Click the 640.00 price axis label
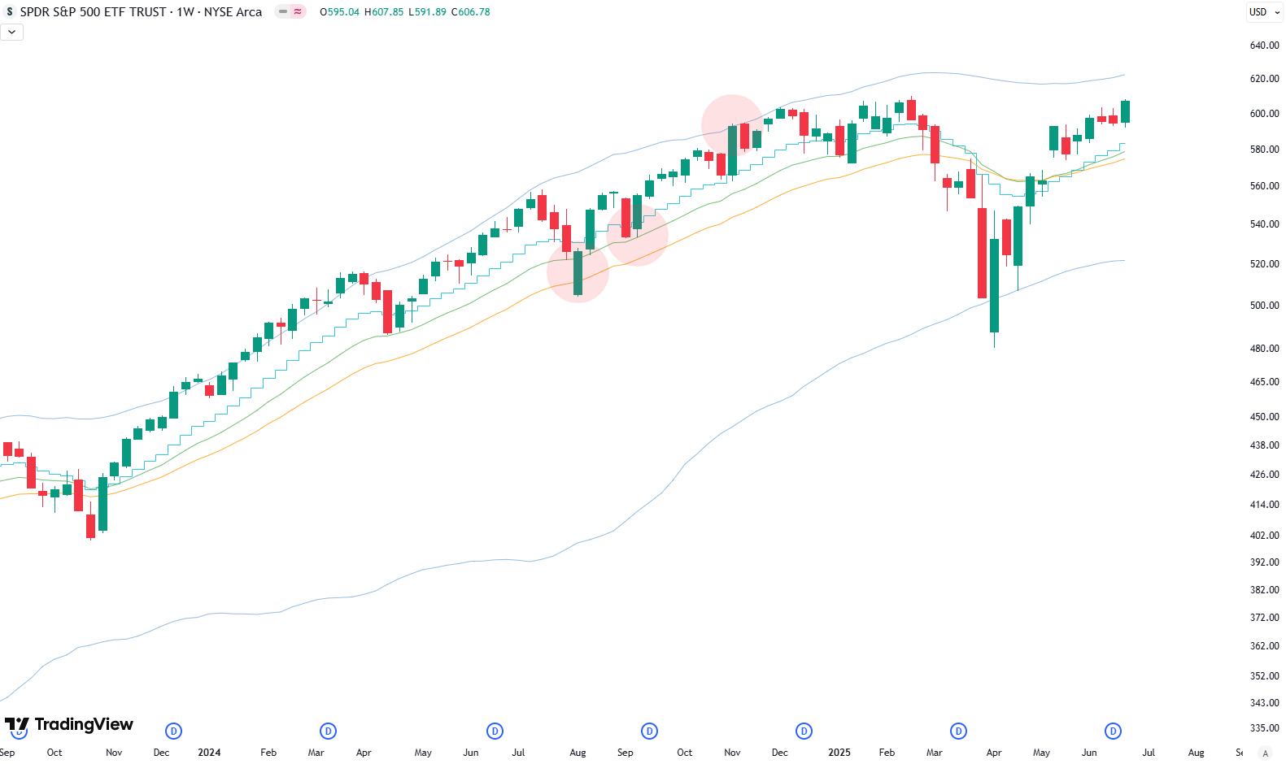click(x=1264, y=46)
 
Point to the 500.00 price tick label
click(x=1264, y=306)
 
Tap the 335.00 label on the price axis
click(x=1264, y=728)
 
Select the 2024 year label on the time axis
click(x=209, y=753)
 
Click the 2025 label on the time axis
click(x=839, y=753)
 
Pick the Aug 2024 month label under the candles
click(x=578, y=753)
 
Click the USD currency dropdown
click(x=1264, y=12)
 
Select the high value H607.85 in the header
click(x=384, y=12)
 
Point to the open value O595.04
click(x=339, y=12)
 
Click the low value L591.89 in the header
click(x=427, y=12)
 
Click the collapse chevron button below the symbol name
click(x=11, y=32)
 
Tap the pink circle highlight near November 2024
click(x=732, y=125)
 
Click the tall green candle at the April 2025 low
click(x=994, y=284)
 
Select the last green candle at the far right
click(x=1125, y=111)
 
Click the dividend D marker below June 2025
click(x=1113, y=731)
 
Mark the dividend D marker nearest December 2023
click(x=173, y=731)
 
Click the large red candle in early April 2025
click(x=982, y=253)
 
